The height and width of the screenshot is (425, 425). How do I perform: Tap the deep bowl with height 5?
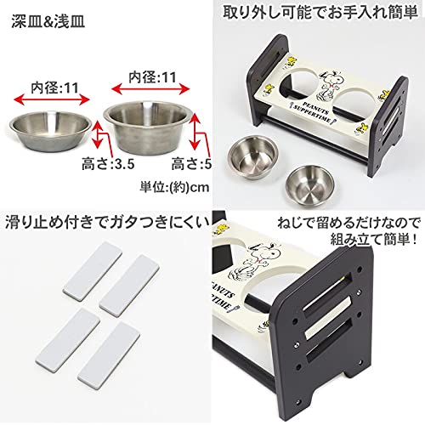coord(149,120)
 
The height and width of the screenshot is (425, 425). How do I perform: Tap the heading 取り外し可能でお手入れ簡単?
coord(319,14)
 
